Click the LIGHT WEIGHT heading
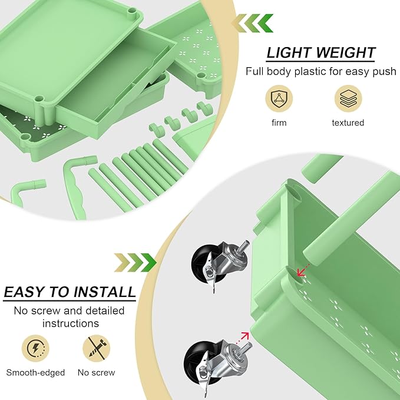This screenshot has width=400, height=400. click(320, 52)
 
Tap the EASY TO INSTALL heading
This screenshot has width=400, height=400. click(70, 292)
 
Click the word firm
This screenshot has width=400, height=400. click(279, 123)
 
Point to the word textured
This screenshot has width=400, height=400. click(348, 123)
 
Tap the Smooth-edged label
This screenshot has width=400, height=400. click(35, 372)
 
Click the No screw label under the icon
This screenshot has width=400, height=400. click(96, 372)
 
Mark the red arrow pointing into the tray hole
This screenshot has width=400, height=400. click(303, 269)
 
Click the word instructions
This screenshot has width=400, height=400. click(70, 323)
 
